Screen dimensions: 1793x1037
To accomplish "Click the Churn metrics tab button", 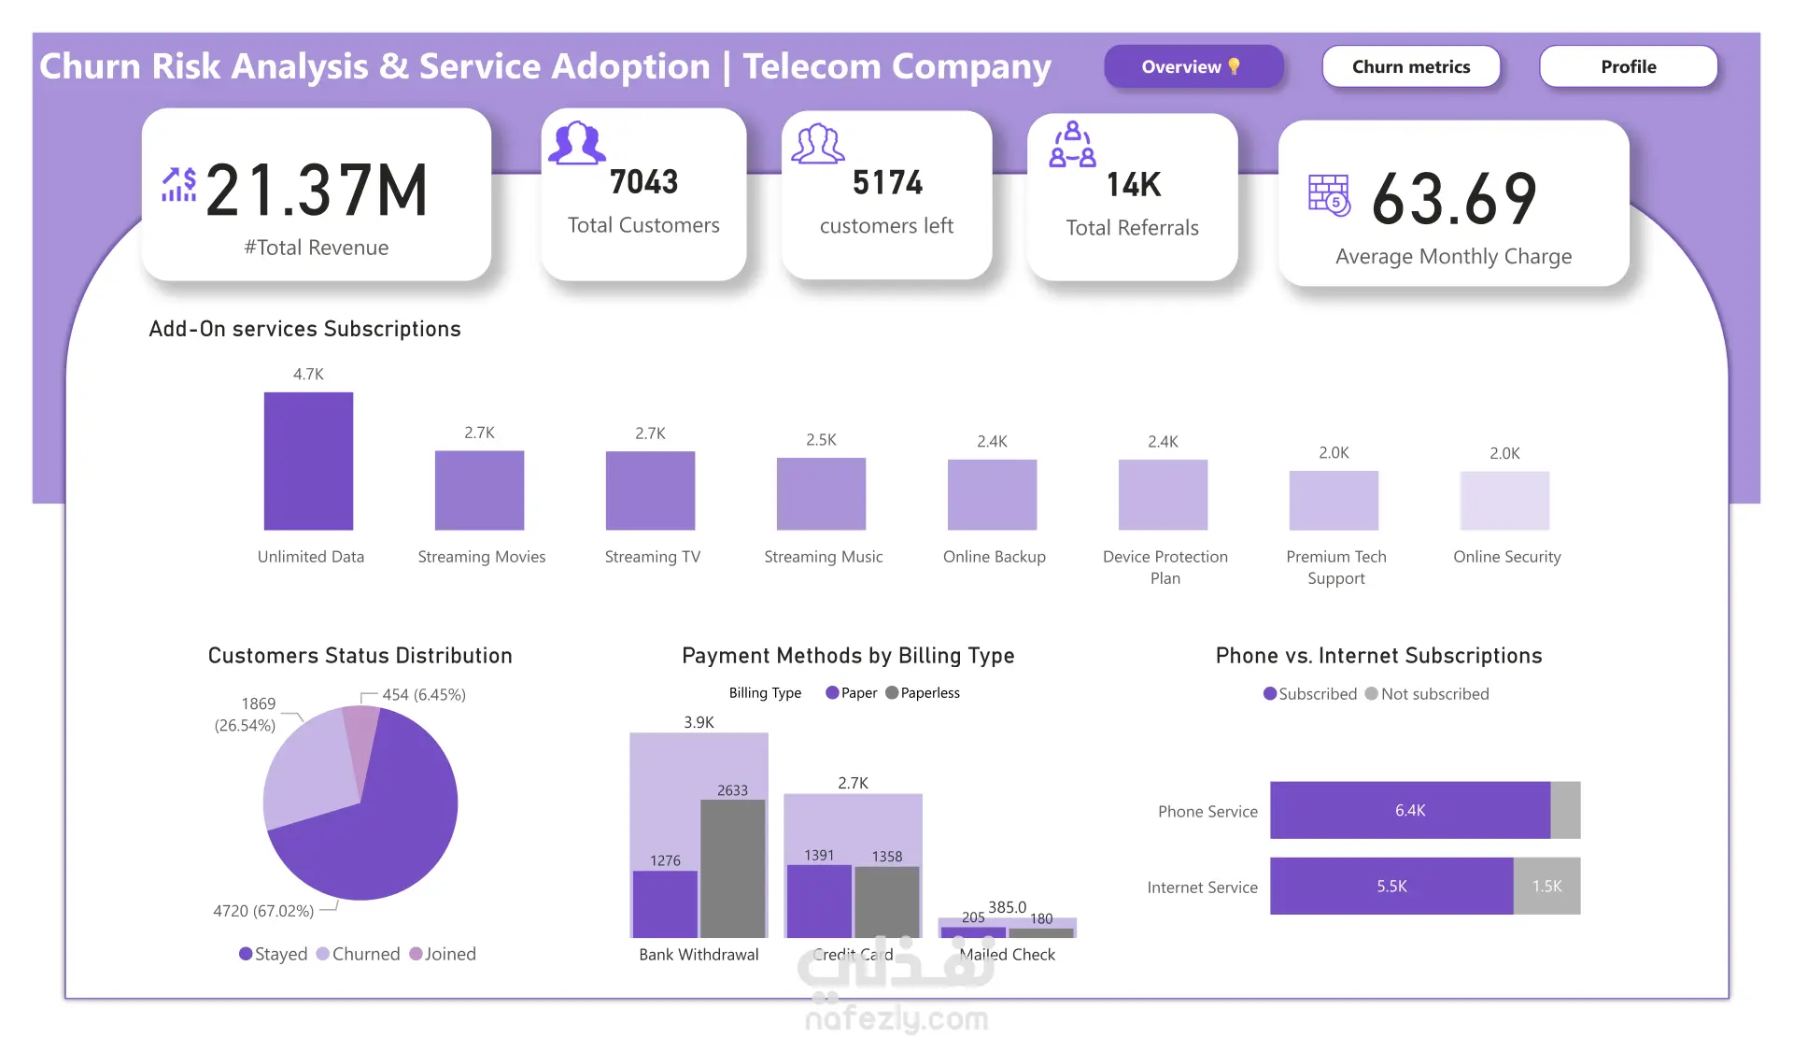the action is (1411, 66).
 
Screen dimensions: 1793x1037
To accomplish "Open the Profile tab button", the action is (1629, 66).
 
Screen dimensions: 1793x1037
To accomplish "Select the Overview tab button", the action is (1193, 66).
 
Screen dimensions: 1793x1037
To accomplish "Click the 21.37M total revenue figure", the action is (317, 191).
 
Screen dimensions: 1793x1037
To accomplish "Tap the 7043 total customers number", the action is (643, 181).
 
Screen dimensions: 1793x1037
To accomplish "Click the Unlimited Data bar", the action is (308, 462).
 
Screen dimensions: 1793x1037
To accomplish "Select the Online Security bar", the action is (1504, 501).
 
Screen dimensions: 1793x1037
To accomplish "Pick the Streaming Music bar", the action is (821, 494).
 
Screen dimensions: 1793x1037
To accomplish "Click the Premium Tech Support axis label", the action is (1336, 567).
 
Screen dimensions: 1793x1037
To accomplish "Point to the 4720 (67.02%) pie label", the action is (263, 911).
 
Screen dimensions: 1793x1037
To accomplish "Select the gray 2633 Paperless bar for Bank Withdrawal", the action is (732, 869).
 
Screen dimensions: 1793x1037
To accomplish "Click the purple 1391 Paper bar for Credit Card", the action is (819, 902).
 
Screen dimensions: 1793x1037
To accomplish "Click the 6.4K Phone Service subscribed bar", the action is (1410, 810).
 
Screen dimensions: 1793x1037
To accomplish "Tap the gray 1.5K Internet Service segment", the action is (1546, 886).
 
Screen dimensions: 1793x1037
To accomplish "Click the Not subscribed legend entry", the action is (1427, 694).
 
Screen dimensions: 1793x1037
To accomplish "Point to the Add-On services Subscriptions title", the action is (304, 329).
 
